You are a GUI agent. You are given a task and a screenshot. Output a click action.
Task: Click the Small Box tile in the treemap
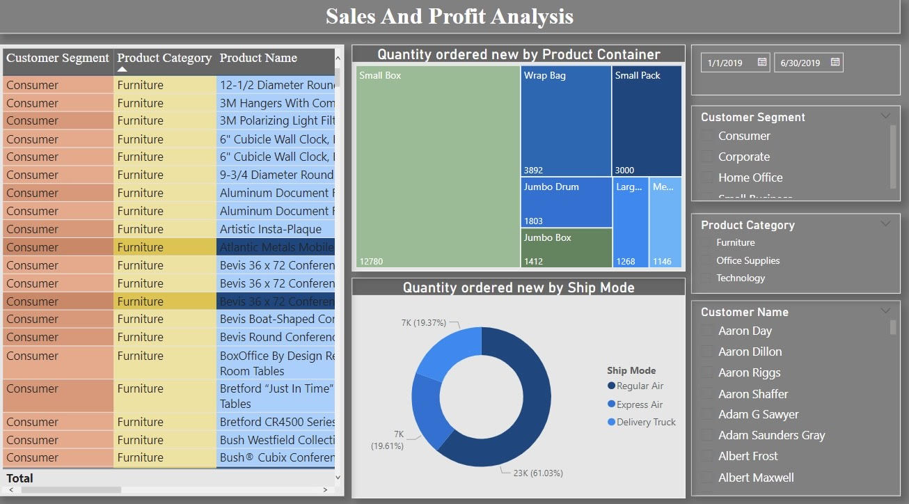pos(438,167)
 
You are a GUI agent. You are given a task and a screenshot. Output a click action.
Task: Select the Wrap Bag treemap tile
pos(566,121)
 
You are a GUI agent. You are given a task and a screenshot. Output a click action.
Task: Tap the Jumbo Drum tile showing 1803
pos(566,202)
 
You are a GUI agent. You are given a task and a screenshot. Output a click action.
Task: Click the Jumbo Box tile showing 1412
pos(566,248)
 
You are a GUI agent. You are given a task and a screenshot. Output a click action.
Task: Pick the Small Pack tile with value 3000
pos(647,121)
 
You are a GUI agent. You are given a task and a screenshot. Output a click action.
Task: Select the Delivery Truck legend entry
pos(645,422)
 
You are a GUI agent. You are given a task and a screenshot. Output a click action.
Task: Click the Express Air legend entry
pos(639,404)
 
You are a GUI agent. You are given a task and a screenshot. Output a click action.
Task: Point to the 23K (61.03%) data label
pos(538,473)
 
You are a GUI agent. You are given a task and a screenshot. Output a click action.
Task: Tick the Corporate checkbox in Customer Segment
pos(708,157)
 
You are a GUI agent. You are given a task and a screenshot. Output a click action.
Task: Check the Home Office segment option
pos(708,178)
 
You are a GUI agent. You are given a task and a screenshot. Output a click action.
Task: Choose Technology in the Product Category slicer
pos(708,278)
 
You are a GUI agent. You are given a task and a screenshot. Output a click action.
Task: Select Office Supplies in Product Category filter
pos(708,261)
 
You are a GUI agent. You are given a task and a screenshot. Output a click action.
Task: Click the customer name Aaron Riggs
pos(749,373)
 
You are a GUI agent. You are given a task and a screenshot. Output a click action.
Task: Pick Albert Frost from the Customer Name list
pos(748,457)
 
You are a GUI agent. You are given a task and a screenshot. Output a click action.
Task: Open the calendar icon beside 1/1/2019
pos(762,63)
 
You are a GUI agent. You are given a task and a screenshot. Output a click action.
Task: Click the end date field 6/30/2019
pos(800,63)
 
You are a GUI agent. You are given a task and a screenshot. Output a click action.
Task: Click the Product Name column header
pos(258,58)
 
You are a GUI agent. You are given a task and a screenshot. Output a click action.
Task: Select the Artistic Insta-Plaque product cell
pos(271,229)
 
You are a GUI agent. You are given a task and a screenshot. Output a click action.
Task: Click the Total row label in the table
pos(19,478)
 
